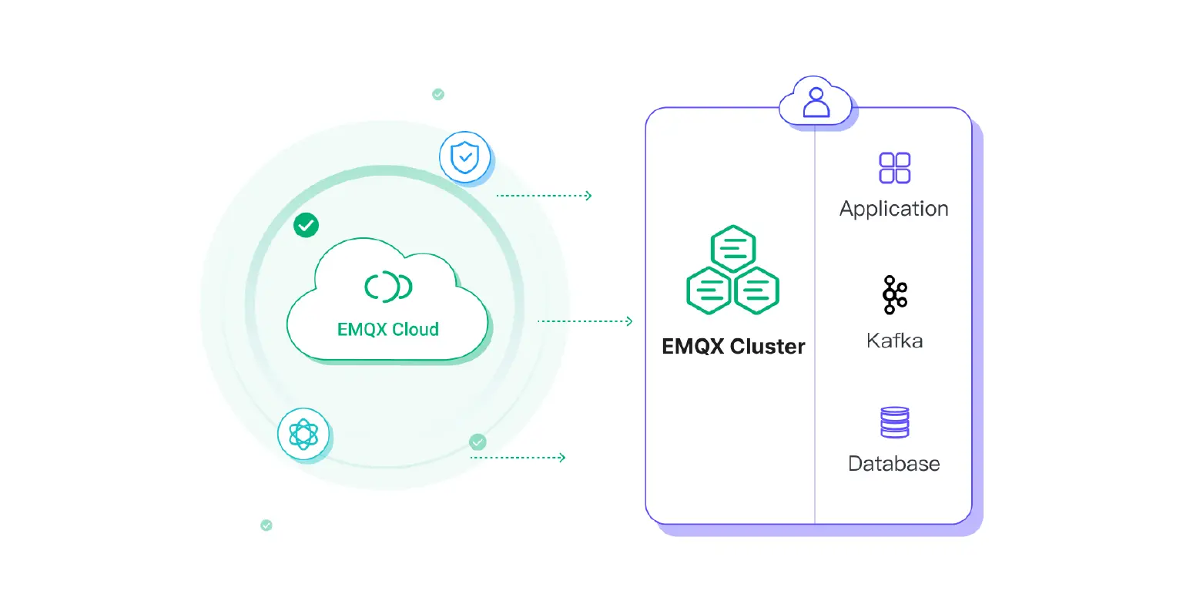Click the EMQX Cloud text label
tap(387, 330)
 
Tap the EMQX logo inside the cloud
tap(388, 287)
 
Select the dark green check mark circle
tap(306, 225)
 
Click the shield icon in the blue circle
tap(464, 157)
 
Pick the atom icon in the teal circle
tap(303, 435)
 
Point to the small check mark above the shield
tap(438, 95)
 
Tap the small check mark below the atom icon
tap(266, 525)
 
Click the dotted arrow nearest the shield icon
tap(544, 196)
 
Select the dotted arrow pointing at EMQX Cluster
tap(585, 321)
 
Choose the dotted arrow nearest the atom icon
tap(518, 458)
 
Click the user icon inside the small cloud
tap(816, 102)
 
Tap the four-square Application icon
tap(894, 168)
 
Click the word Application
tap(893, 209)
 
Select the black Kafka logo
tap(894, 294)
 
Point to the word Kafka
tap(894, 341)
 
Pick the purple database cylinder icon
tap(894, 422)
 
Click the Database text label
tap(893, 464)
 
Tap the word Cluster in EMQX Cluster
tap(767, 347)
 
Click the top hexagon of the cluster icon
tap(732, 248)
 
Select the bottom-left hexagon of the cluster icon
tap(708, 290)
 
